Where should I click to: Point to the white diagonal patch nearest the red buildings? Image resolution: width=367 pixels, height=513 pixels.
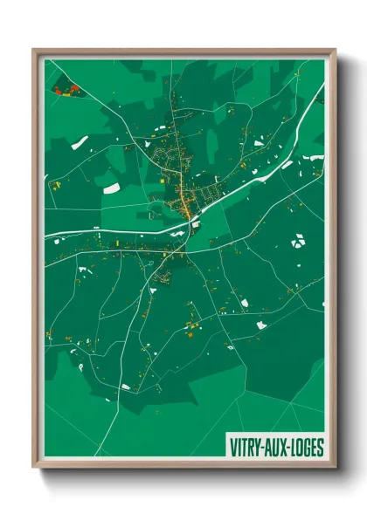pos(80,142)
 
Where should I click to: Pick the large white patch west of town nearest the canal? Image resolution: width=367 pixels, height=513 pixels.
pos(111,186)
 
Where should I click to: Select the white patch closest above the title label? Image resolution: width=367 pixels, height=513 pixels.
pos(261,325)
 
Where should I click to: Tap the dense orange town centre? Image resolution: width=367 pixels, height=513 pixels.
pos(185,206)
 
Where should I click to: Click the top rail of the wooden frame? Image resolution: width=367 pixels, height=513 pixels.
pos(183,51)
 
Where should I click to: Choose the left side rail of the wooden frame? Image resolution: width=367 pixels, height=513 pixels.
pos(36,262)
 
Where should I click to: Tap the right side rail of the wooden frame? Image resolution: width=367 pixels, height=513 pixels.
pos(333,262)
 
